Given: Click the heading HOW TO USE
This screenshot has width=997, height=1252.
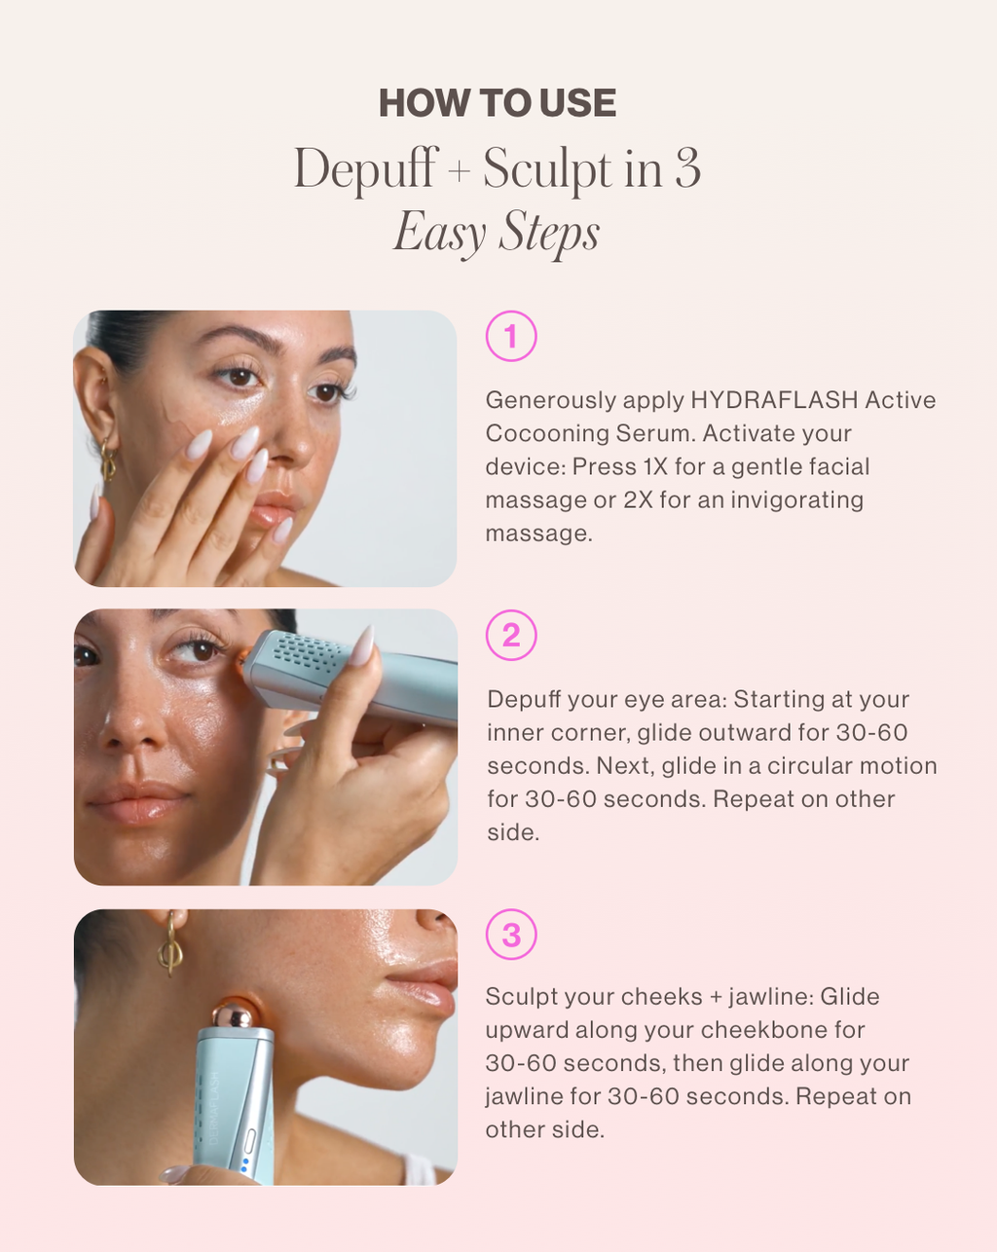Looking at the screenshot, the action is pyautogui.click(x=498, y=103).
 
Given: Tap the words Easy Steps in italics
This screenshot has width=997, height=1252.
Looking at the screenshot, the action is pyautogui.click(x=497, y=233).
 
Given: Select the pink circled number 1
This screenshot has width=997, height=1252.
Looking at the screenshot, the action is pyautogui.click(x=511, y=336).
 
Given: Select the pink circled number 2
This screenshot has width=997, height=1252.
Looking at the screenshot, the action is pyautogui.click(x=511, y=635).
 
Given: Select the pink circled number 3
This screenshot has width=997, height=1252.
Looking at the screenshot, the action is pyautogui.click(x=511, y=935).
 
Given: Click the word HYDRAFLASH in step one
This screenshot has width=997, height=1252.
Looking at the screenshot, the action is pyautogui.click(x=774, y=400).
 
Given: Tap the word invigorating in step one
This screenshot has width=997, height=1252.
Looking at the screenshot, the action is pyautogui.click(x=796, y=500).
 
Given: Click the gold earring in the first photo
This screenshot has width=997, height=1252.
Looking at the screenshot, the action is pyautogui.click(x=108, y=460).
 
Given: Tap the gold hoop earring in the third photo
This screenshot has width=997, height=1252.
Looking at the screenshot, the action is pyautogui.click(x=170, y=944).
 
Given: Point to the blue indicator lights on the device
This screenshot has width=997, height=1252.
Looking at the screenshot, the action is pyautogui.click(x=244, y=1164).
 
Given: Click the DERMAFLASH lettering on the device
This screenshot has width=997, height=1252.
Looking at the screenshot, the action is pyautogui.click(x=213, y=1108).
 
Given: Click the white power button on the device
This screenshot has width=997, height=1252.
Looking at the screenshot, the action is pyautogui.click(x=249, y=1141).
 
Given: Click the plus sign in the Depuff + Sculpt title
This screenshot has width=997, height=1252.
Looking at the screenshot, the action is pyautogui.click(x=460, y=171).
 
